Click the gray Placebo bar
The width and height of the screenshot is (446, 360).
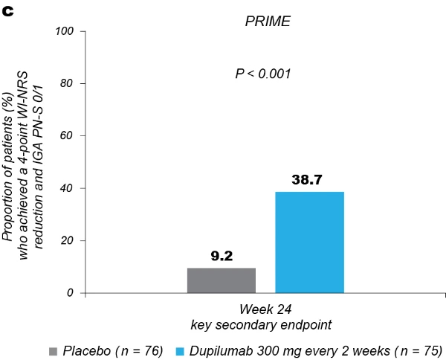click(x=222, y=280)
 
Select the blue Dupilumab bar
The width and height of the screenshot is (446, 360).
click(x=309, y=242)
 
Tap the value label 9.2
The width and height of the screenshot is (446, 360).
click(x=222, y=257)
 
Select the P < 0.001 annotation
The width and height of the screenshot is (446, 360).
click(x=263, y=74)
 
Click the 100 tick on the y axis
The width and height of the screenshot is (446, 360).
click(x=65, y=31)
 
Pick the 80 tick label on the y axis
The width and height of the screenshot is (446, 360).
click(x=68, y=83)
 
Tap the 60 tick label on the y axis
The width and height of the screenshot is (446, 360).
click(x=68, y=136)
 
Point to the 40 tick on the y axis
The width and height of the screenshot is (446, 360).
click(x=68, y=188)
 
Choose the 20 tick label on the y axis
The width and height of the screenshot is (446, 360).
click(x=68, y=241)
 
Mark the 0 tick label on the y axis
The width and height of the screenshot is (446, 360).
click(x=71, y=293)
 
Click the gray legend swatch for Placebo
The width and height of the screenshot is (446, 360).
click(x=52, y=350)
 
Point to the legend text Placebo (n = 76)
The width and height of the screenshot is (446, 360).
click(x=112, y=350)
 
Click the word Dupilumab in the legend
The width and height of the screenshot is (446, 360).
click(x=219, y=350)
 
